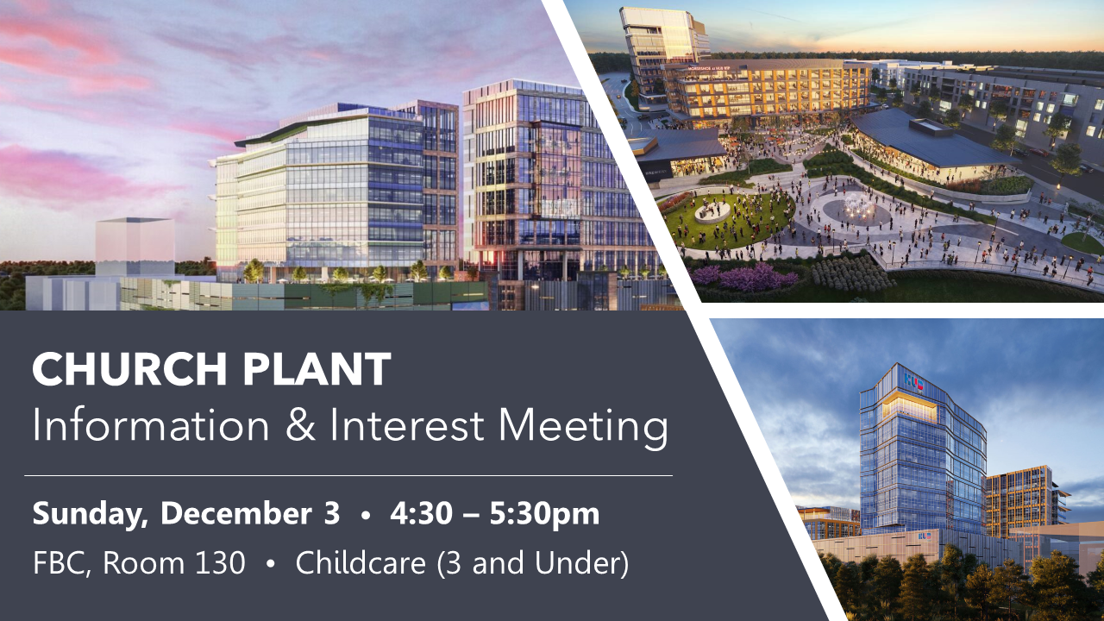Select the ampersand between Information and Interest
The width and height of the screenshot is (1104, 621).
point(300,425)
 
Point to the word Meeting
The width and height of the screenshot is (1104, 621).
point(583,428)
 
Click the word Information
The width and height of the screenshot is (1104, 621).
point(150,425)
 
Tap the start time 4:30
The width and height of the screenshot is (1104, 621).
point(421,513)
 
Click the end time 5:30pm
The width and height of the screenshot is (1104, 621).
point(544,515)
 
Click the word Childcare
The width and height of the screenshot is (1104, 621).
point(361,562)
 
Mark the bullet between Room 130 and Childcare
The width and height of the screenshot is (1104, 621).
point(270,564)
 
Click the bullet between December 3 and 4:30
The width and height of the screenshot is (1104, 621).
point(365,515)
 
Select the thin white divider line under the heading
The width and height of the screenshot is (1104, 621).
point(348,476)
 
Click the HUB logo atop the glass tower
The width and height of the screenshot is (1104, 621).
point(913,381)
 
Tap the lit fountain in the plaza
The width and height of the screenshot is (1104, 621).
point(857,208)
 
